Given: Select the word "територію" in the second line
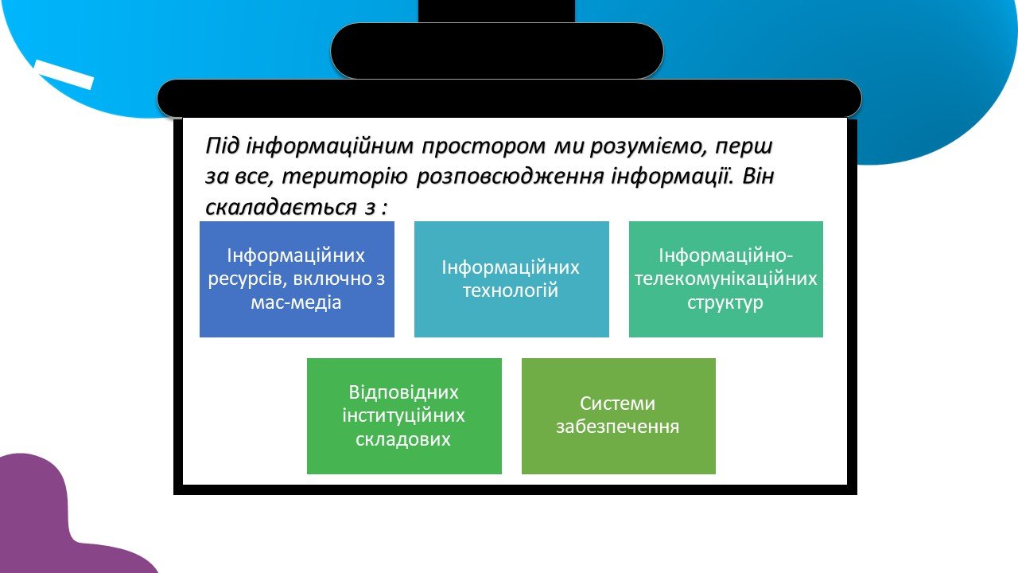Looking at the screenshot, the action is point(344,177).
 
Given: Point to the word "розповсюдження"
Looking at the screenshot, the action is point(510,177).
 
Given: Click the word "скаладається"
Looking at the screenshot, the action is point(281,208).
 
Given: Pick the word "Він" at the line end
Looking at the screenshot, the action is point(758,176).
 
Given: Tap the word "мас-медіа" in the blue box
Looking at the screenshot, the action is point(296,302).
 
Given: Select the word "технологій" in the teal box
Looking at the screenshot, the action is point(511,290).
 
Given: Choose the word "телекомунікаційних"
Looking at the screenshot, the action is point(726,279).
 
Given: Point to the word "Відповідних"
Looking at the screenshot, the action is point(403,393).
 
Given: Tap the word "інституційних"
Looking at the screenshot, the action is point(403,415).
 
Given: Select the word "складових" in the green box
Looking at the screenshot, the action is point(403,439).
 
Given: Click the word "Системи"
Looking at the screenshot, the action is point(618,403).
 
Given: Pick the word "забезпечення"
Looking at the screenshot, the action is point(618,427).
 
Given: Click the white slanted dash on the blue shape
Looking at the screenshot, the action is point(64,74).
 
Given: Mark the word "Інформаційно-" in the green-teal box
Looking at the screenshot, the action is point(726,256).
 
